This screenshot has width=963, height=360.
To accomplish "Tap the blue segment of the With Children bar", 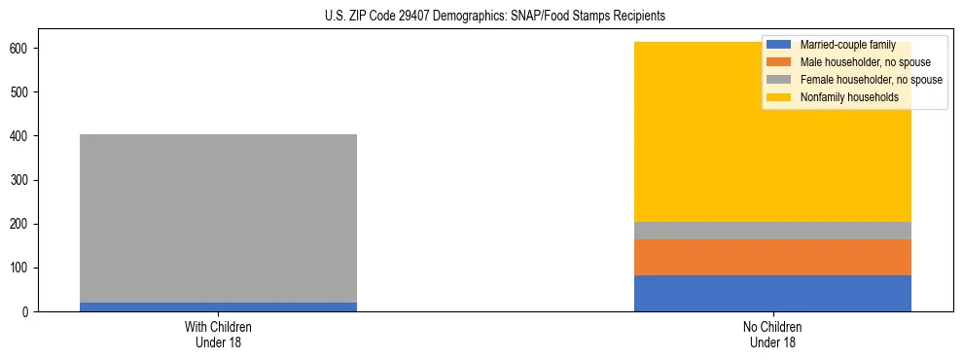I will pyautogui.click(x=218, y=306).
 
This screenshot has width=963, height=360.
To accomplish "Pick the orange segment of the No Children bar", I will pyautogui.click(x=772, y=257).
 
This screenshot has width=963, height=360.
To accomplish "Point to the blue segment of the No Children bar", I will pyautogui.click(x=772, y=293).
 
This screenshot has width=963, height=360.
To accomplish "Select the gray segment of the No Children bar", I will pyautogui.click(x=772, y=231).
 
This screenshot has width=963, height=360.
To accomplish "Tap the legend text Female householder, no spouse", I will pyautogui.click(x=871, y=80).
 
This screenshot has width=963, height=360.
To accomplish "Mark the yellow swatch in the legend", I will pyautogui.click(x=780, y=97).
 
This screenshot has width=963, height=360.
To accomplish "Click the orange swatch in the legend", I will pyautogui.click(x=780, y=62).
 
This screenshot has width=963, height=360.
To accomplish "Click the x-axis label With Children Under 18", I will pyautogui.click(x=218, y=335).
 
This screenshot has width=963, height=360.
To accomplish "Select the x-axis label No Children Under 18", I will pyautogui.click(x=772, y=335).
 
